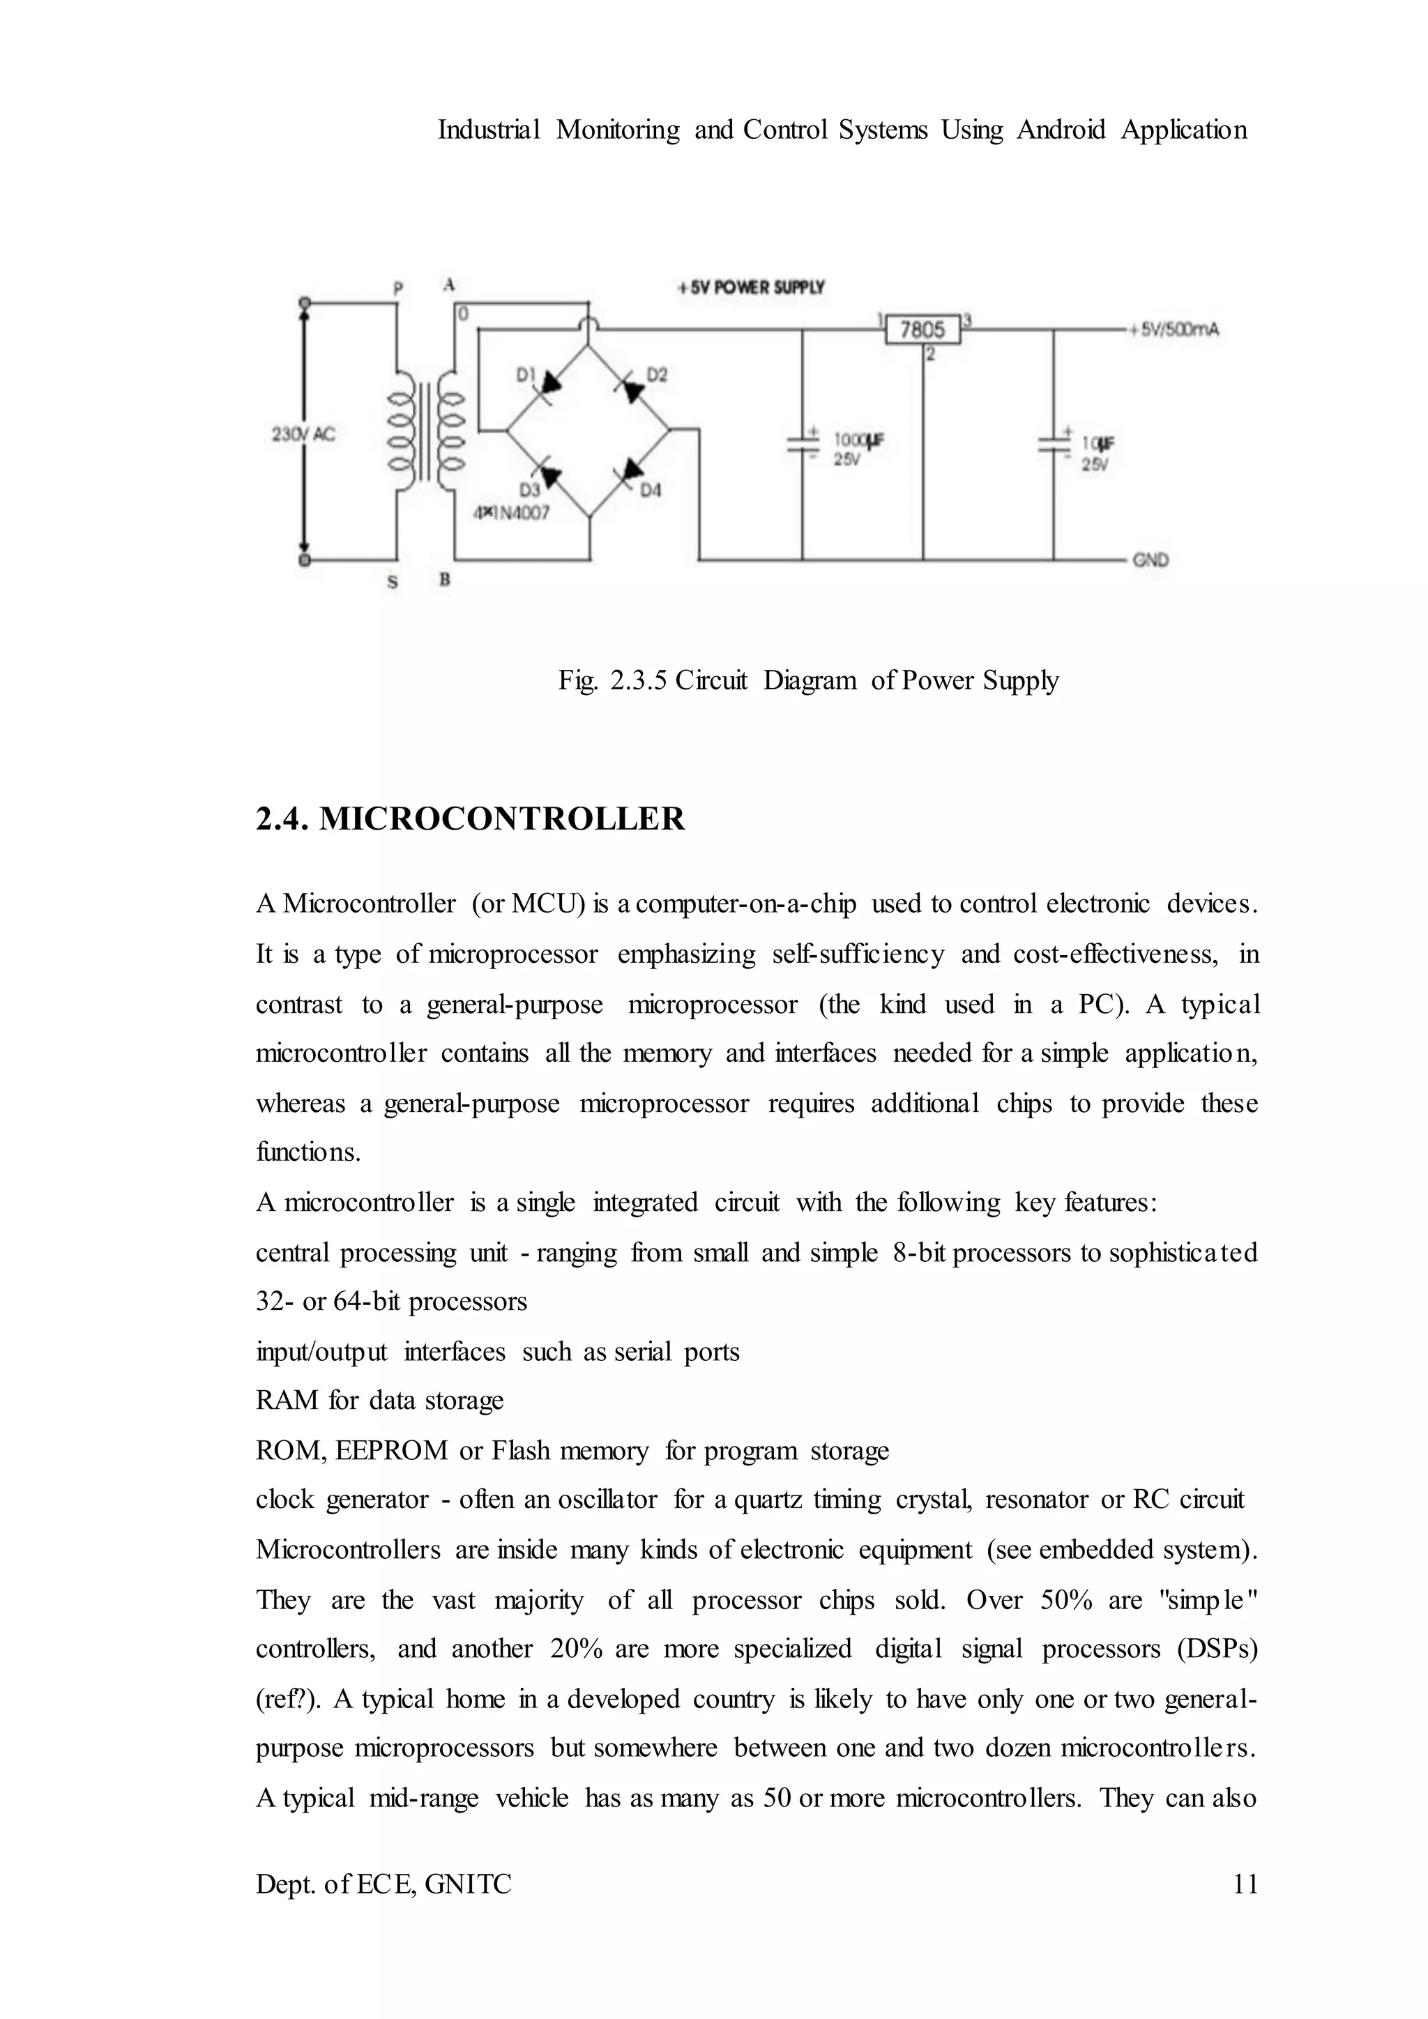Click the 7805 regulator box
tap(922, 330)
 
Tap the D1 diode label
tap(526, 376)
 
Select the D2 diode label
tap(657, 376)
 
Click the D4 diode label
tap(650, 491)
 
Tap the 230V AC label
tap(303, 434)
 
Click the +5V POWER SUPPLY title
tap(751, 287)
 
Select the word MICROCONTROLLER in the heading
tap(501, 818)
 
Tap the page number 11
tap(1245, 1884)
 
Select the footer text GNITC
tap(468, 1884)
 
